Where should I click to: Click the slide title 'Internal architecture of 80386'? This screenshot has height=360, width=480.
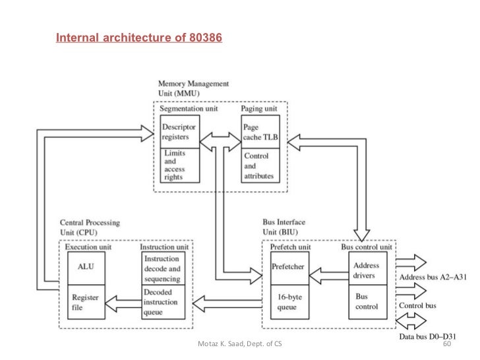tap(139, 38)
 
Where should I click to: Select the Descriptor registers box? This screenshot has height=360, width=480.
tap(181, 132)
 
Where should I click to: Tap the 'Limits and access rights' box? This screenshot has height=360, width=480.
tap(181, 165)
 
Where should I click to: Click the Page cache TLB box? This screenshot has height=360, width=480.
tap(261, 132)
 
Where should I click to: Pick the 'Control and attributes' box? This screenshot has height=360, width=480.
tap(261, 166)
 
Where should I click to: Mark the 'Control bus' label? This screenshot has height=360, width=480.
tap(417, 307)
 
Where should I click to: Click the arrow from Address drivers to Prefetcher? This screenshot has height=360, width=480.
tap(328, 268)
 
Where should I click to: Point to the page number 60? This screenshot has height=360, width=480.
tap(446, 345)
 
